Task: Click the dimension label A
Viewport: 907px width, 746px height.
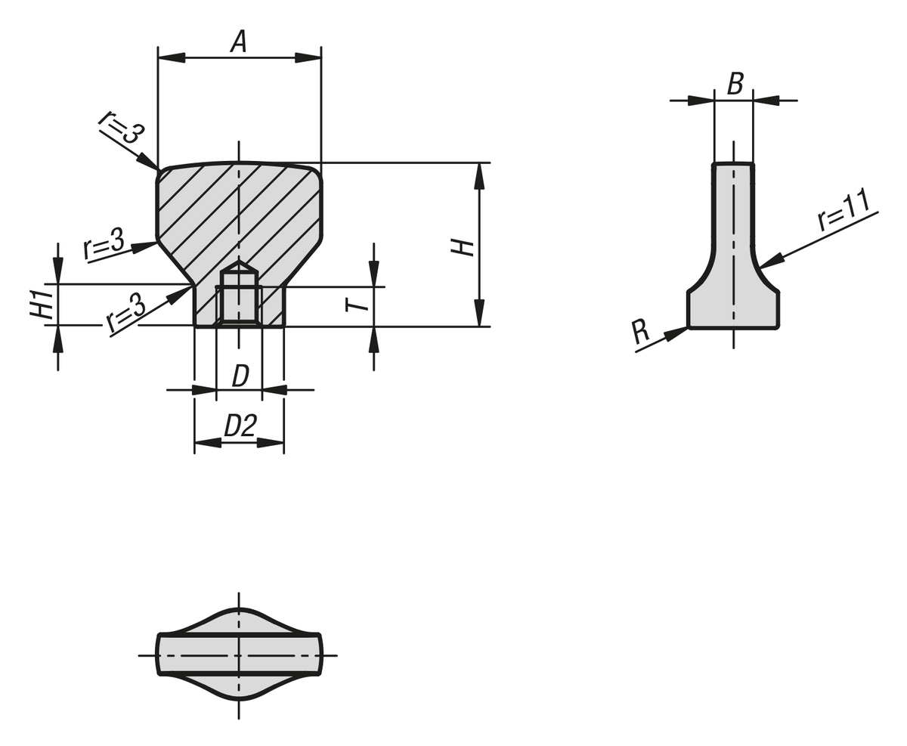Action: pyautogui.click(x=239, y=41)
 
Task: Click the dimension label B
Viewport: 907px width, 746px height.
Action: pyautogui.click(x=735, y=83)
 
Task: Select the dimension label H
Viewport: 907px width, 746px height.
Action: pyautogui.click(x=462, y=247)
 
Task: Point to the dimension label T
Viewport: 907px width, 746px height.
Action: pyautogui.click(x=356, y=305)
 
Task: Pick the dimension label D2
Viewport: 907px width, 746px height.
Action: pyautogui.click(x=240, y=426)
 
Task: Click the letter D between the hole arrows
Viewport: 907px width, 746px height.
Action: pyautogui.click(x=240, y=376)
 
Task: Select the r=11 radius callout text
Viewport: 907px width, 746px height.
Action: pyautogui.click(x=844, y=209)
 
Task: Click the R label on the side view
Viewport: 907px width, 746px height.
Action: pyautogui.click(x=639, y=331)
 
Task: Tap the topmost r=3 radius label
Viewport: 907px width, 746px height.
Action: pyautogui.click(x=120, y=127)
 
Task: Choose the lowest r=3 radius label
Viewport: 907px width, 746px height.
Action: pyautogui.click(x=126, y=313)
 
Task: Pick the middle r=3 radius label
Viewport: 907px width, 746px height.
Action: pyautogui.click(x=104, y=243)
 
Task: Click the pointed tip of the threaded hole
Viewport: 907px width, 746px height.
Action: pyautogui.click(x=240, y=264)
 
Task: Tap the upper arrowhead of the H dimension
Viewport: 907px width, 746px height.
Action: pyautogui.click(x=479, y=175)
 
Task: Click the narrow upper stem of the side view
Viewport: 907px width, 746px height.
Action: pyautogui.click(x=733, y=204)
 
